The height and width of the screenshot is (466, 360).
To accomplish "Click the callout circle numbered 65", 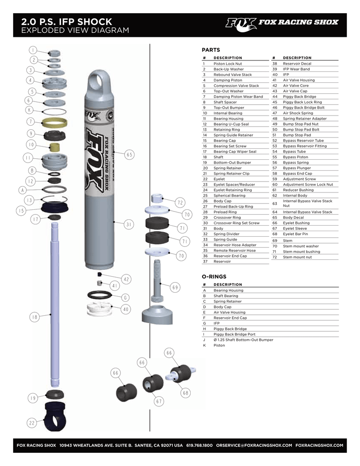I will coord(130,155).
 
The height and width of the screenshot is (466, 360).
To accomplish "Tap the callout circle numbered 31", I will coord(129,224).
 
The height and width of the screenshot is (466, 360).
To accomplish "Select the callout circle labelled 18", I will coord(34,317).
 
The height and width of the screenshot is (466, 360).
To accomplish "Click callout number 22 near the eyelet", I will coord(32,423).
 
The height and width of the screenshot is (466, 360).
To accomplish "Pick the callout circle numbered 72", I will coord(180,203).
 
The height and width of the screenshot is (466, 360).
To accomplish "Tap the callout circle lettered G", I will coord(124,298).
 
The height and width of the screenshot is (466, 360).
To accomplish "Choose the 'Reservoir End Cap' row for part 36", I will coord(230,256).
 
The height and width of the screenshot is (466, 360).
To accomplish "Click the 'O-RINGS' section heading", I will coord(214,276).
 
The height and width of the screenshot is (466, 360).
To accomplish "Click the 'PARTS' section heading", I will coord(211,50).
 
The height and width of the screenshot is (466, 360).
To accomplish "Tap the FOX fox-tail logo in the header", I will coord(241,23).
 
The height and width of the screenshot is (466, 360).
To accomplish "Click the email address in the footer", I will coord(254,445).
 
